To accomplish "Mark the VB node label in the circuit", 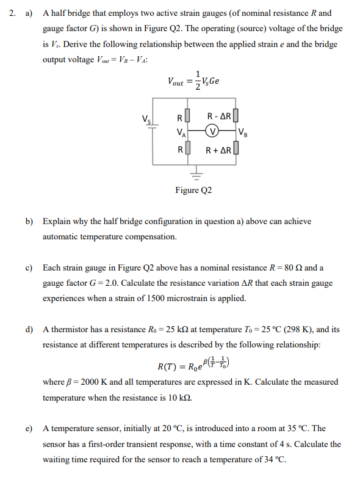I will (243, 131).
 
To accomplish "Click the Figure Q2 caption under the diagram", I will (193, 191).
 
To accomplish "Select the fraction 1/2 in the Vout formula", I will (196, 79).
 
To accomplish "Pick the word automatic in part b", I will (65, 236).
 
